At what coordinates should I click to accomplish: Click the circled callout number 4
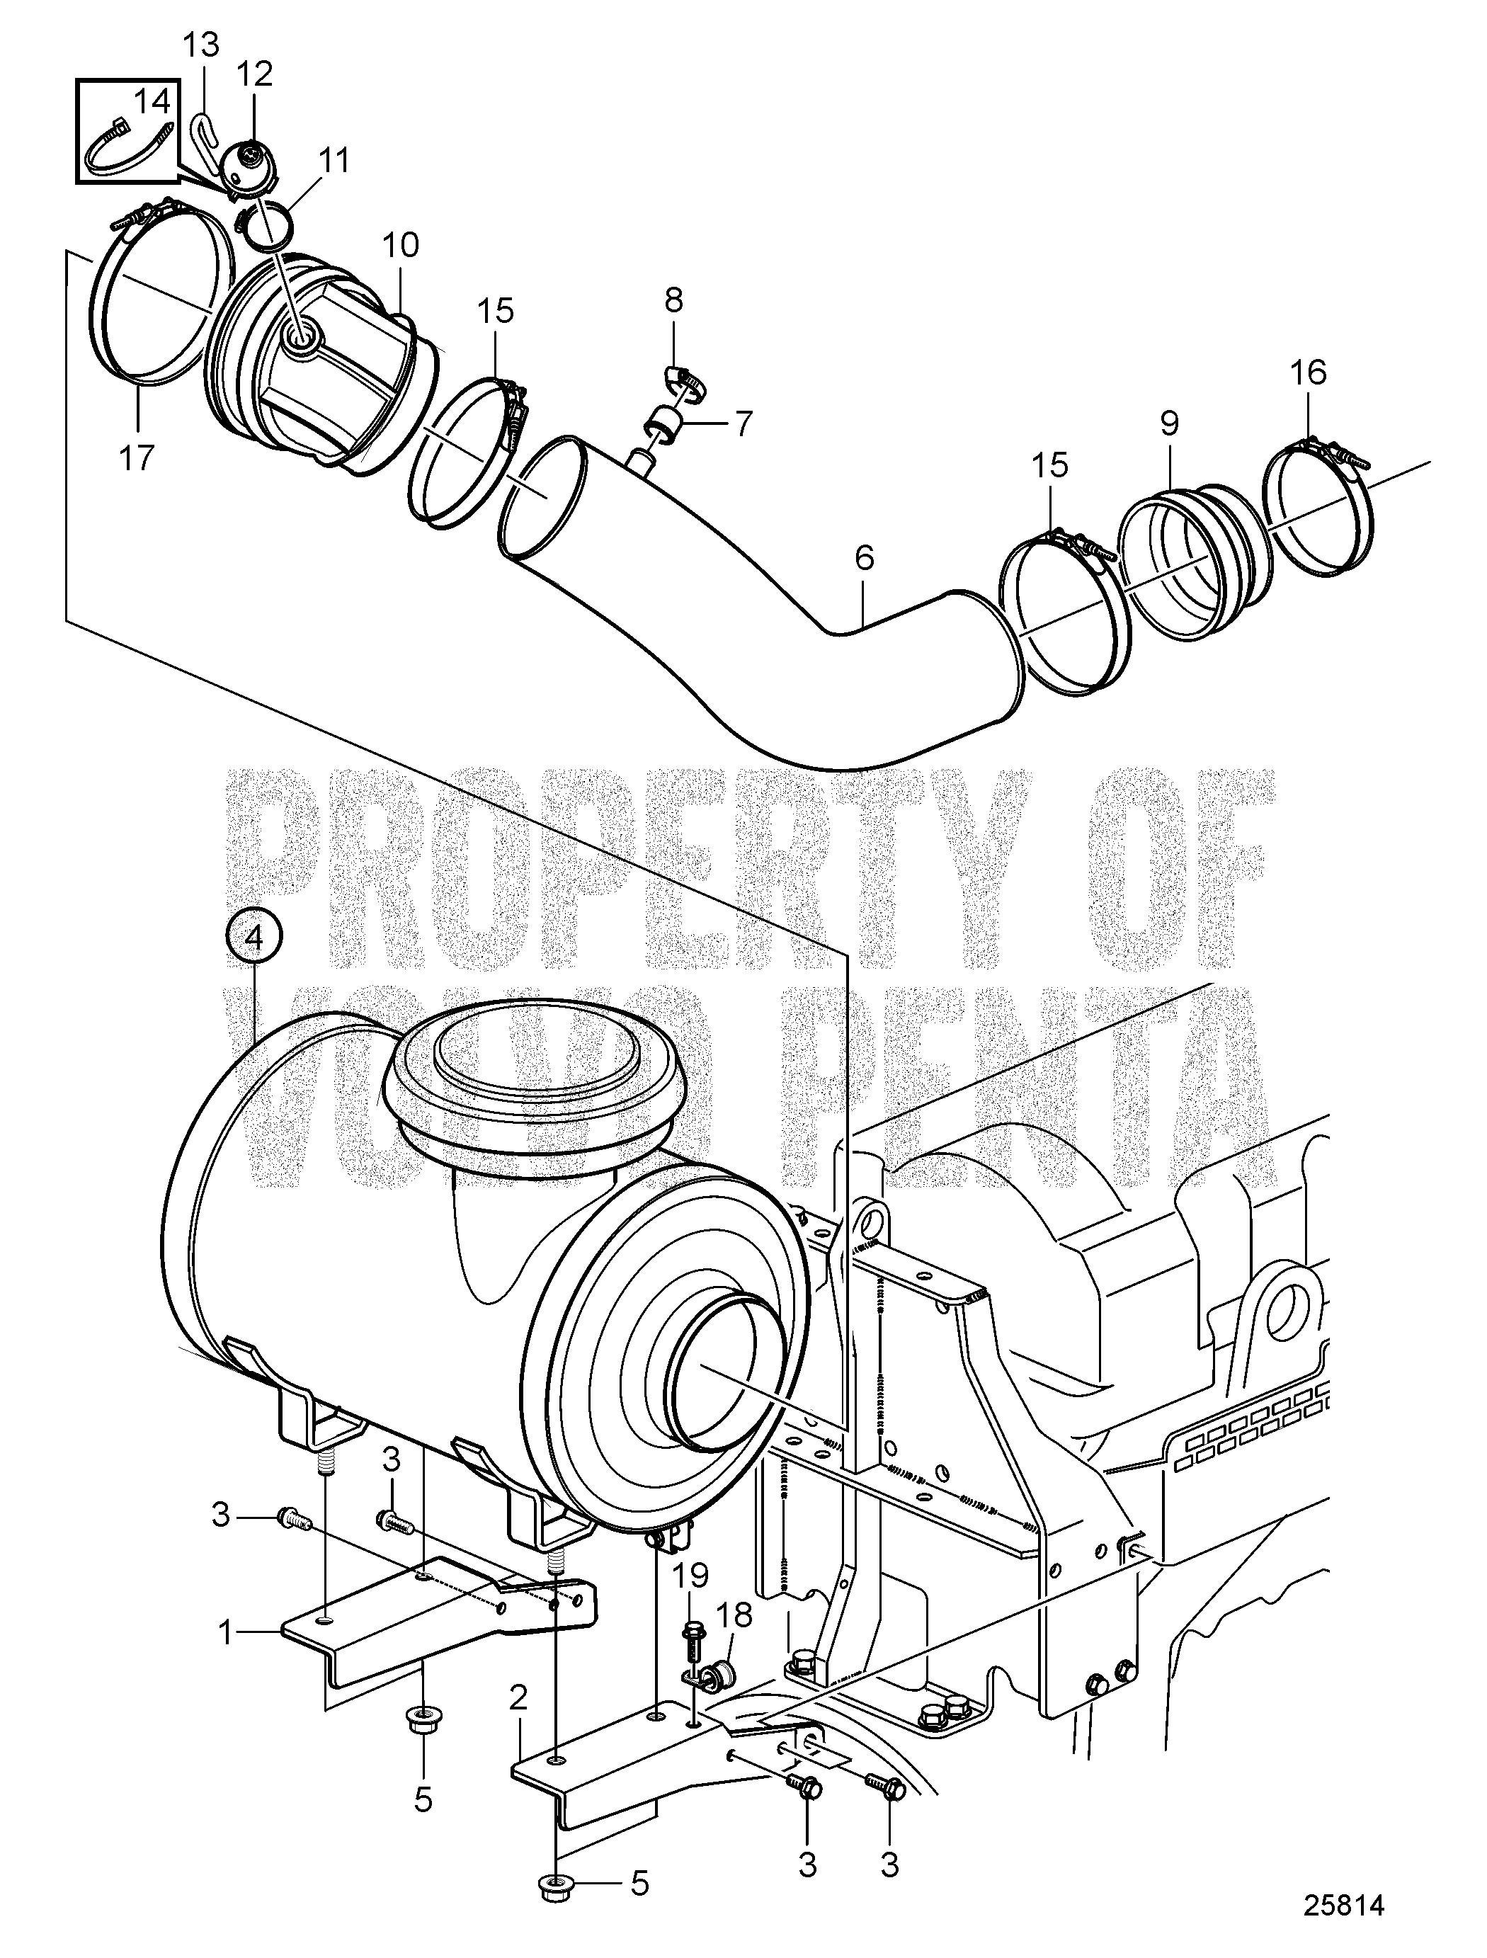[x=254, y=940]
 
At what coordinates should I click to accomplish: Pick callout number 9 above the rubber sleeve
[x=1169, y=425]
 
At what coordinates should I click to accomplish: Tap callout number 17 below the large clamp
[x=137, y=457]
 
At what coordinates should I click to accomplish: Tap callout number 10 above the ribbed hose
[x=400, y=245]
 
